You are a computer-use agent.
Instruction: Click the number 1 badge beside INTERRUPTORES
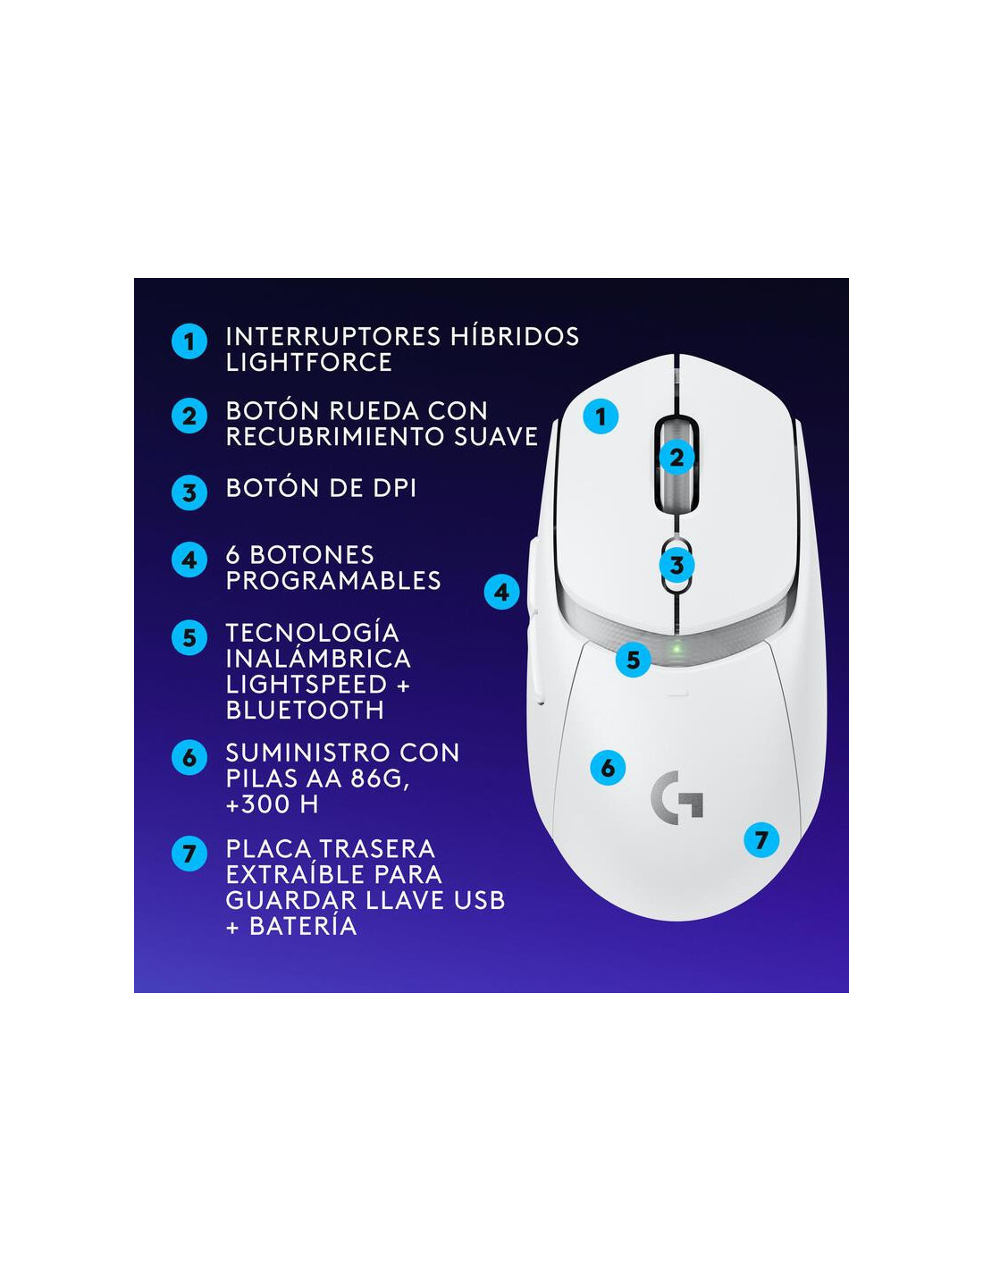(x=189, y=341)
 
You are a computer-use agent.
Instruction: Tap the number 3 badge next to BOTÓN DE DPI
(x=189, y=492)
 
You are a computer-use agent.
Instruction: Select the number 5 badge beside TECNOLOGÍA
(x=189, y=637)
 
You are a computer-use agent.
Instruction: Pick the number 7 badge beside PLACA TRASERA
(x=189, y=854)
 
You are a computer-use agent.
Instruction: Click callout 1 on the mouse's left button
(x=601, y=417)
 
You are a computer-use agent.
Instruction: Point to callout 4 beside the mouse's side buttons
(x=501, y=592)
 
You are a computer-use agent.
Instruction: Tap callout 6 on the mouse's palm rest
(x=608, y=768)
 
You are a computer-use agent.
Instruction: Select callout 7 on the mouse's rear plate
(x=761, y=840)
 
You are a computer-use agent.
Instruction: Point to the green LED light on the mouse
(x=676, y=649)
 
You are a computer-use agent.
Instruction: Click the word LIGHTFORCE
(x=309, y=362)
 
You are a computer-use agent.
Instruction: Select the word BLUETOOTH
(x=305, y=710)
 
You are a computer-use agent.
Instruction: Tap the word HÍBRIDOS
(x=516, y=336)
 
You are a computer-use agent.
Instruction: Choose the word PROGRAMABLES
(x=333, y=580)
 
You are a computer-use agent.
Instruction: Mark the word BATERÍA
(x=303, y=926)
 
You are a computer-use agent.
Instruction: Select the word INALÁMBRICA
(x=319, y=658)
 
